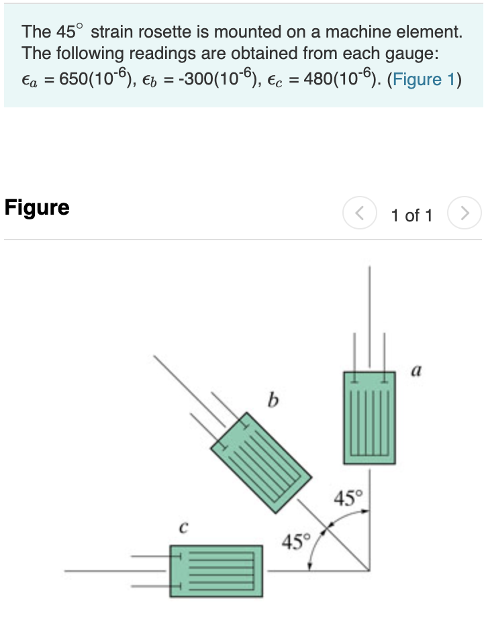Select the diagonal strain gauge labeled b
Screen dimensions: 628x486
point(261,462)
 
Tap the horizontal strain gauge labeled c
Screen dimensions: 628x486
point(215,571)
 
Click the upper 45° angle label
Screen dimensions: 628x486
point(348,499)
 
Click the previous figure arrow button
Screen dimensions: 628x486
point(358,215)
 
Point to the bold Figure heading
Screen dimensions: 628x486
point(37,207)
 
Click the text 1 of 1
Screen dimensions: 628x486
point(411,215)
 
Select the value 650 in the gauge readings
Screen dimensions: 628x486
point(74,79)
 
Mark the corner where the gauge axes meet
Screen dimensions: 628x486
point(369,571)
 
